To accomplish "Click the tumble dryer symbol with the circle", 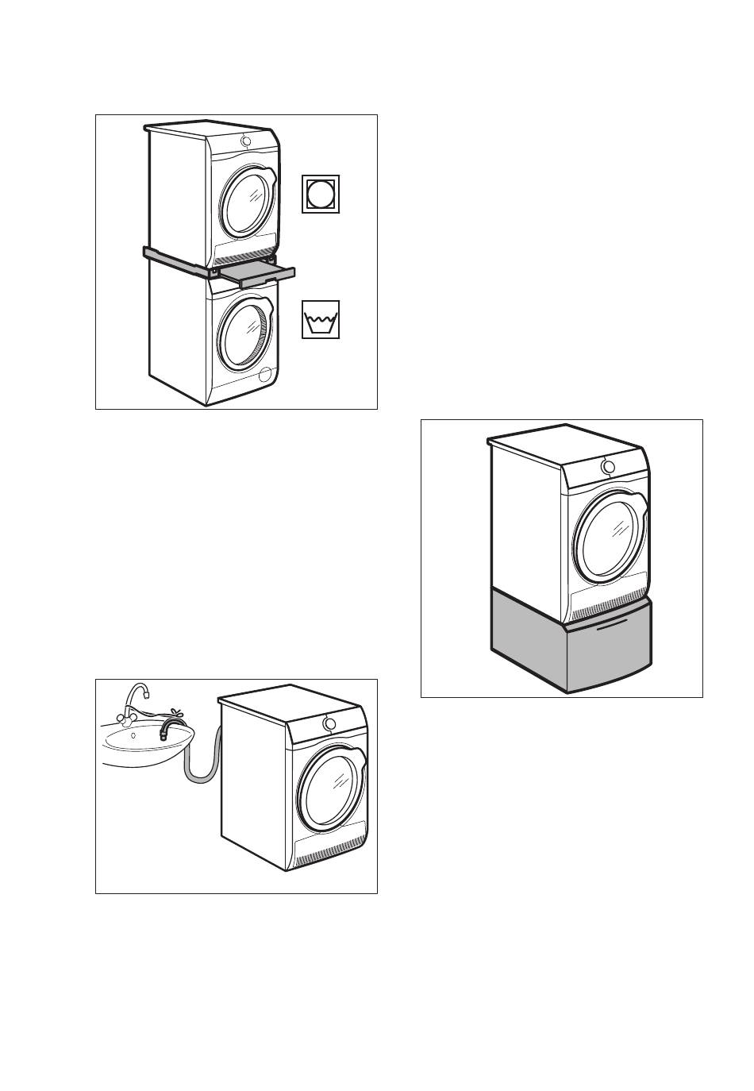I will (321, 194).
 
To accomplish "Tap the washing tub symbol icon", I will (321, 319).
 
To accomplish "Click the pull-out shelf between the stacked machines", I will (256, 275).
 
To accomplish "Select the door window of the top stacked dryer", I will (247, 199).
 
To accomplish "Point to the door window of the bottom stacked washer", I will (247, 332).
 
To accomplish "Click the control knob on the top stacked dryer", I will (246, 141).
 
